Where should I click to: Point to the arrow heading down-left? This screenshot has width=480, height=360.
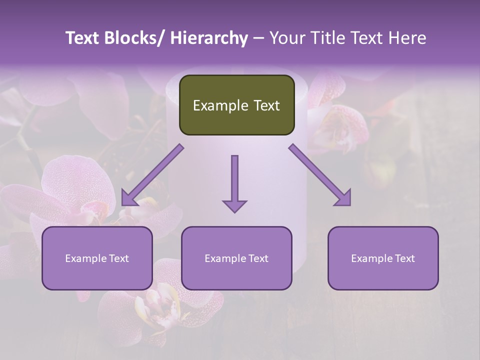click(x=152, y=175)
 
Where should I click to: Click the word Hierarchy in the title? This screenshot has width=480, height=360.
click(x=208, y=38)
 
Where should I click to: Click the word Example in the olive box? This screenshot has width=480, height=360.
click(x=220, y=106)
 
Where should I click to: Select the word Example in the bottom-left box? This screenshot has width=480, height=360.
click(x=85, y=258)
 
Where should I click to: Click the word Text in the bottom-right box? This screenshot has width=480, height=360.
click(x=404, y=258)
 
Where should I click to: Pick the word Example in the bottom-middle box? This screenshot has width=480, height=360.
click(x=225, y=258)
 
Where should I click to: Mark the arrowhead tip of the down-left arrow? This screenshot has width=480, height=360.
click(x=122, y=205)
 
